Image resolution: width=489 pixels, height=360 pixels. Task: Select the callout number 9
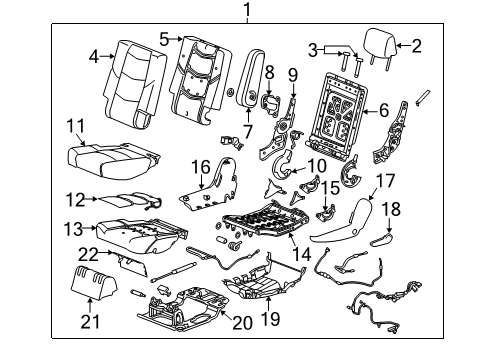[x=292, y=74]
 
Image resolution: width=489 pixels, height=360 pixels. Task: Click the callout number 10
[x=316, y=165]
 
